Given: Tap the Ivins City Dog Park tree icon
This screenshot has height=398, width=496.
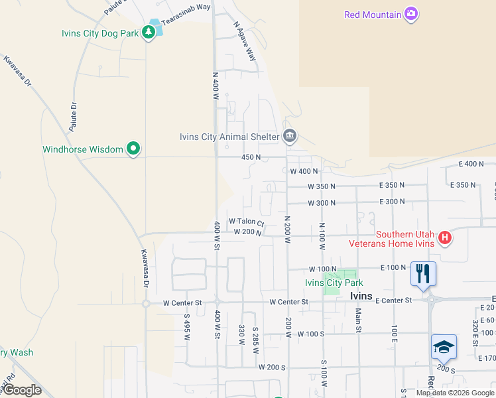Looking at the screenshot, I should pos(149,34).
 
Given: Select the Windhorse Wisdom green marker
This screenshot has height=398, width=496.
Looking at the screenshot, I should pos(133,149).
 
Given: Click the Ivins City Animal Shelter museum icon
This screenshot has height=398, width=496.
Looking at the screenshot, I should pos(290,137).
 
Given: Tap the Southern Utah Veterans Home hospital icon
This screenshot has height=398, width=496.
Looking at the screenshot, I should pos(445,237).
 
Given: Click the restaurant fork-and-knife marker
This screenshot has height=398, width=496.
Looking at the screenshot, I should pos(423,273).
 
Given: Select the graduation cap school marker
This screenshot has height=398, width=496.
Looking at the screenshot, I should pos(444,347).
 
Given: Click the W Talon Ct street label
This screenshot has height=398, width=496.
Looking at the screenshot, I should pos(247,222).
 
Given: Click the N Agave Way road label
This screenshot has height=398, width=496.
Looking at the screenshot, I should pos(245,42).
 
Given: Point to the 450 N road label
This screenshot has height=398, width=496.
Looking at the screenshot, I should pos(250,157).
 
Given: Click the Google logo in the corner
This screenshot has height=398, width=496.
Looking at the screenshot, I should pos(22,390).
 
